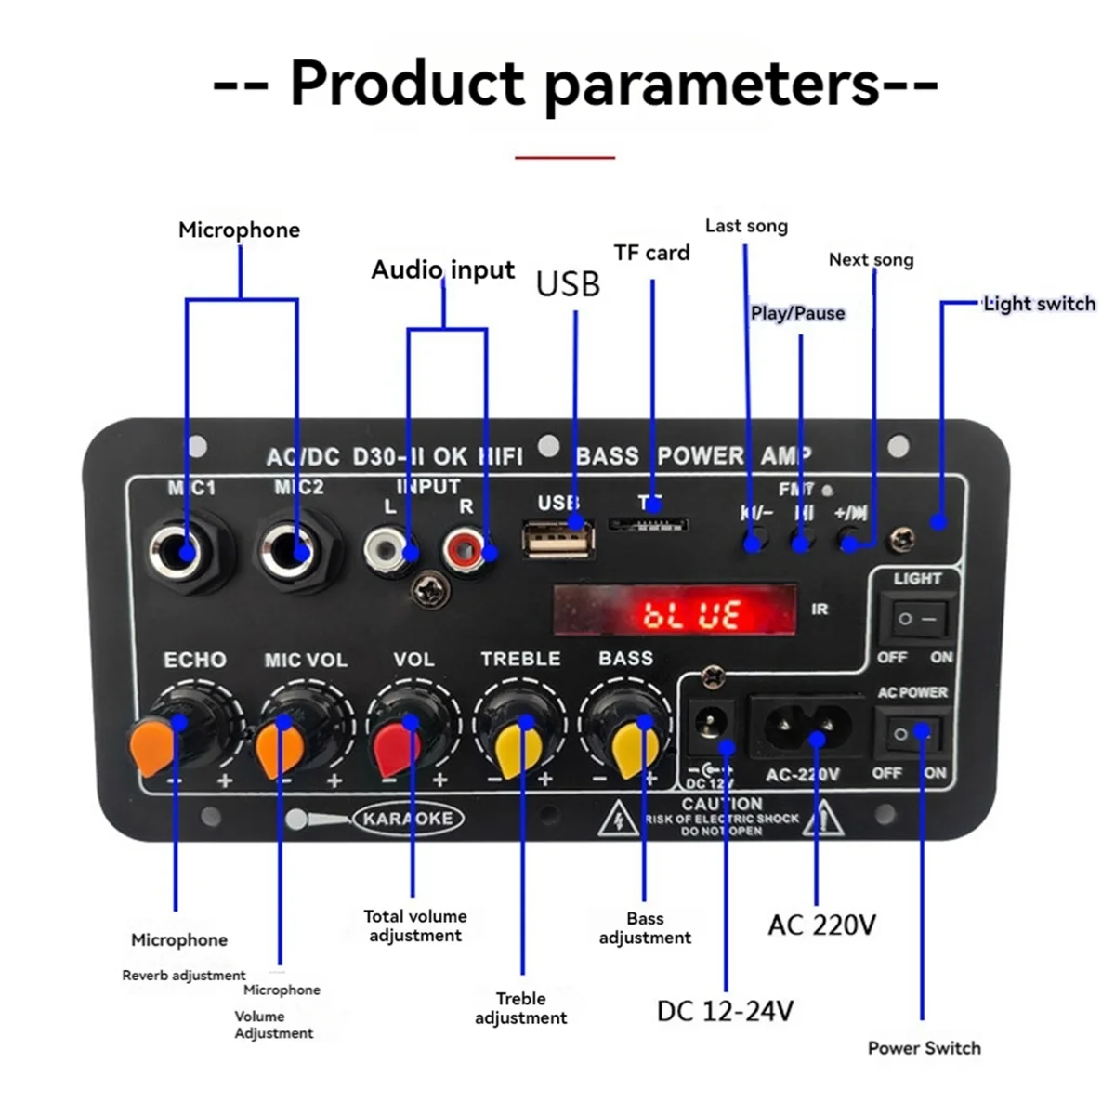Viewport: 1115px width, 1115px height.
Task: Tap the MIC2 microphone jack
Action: pyautogui.click(x=295, y=553)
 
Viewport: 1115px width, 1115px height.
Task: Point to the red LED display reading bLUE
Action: pyautogui.click(x=676, y=611)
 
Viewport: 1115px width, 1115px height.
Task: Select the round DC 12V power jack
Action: pyautogui.click(x=712, y=725)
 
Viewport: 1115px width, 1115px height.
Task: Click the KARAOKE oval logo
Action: pyautogui.click(x=408, y=819)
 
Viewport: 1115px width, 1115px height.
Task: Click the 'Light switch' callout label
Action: pyautogui.click(x=1039, y=304)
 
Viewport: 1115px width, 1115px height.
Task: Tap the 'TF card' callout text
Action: pyautogui.click(x=651, y=253)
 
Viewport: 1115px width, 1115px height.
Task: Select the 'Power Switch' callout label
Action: pyautogui.click(x=924, y=1048)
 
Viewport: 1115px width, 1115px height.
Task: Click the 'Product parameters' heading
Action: pyautogui.click(x=575, y=84)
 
